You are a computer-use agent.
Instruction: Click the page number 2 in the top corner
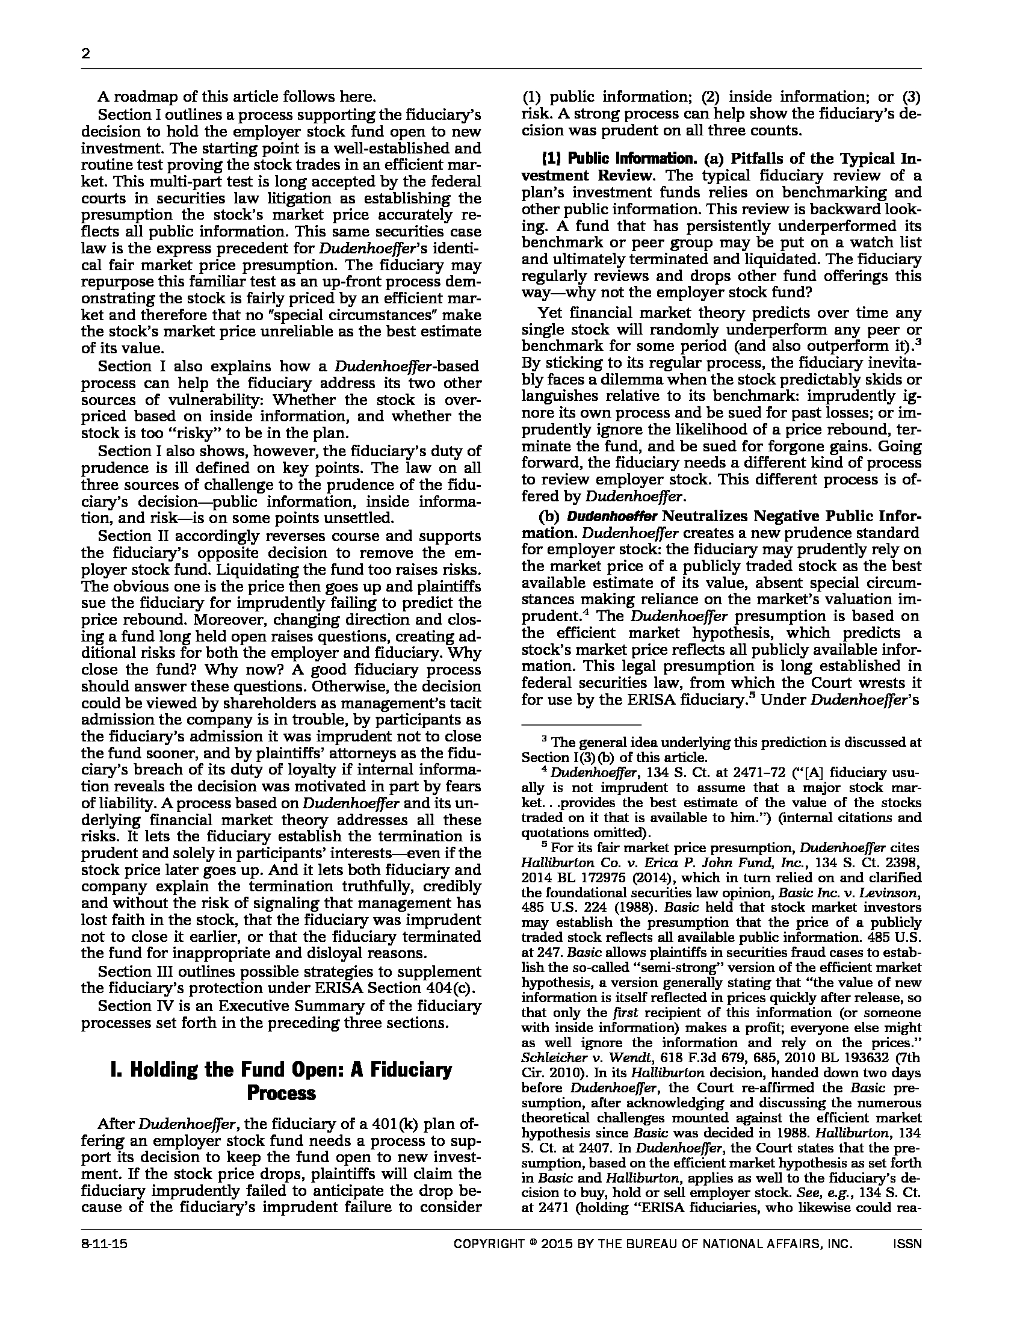[x=85, y=54]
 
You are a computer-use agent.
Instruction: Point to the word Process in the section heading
[x=281, y=1093]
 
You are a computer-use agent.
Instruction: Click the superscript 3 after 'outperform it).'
[x=919, y=342]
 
